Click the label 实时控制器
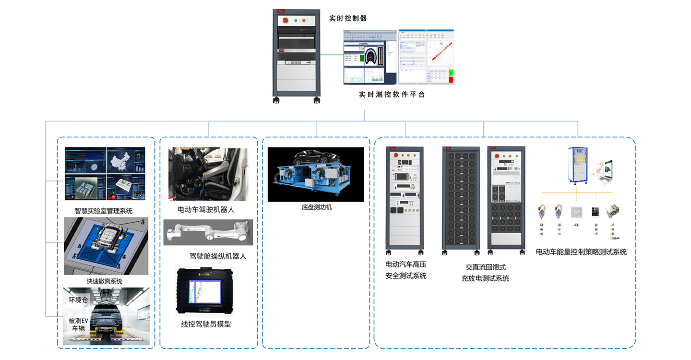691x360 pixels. (347, 18)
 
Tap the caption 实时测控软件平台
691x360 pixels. (392, 95)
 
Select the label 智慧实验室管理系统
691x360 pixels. (104, 210)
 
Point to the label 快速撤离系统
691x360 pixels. (105, 281)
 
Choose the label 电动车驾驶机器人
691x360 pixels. (206, 209)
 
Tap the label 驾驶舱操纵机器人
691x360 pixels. (218, 256)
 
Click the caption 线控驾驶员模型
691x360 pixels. (206, 324)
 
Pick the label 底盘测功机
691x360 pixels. (317, 207)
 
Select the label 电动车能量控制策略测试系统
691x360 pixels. (581, 252)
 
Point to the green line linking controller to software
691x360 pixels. (330, 55)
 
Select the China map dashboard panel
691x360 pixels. (126, 160)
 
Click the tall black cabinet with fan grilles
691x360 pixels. (461, 199)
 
